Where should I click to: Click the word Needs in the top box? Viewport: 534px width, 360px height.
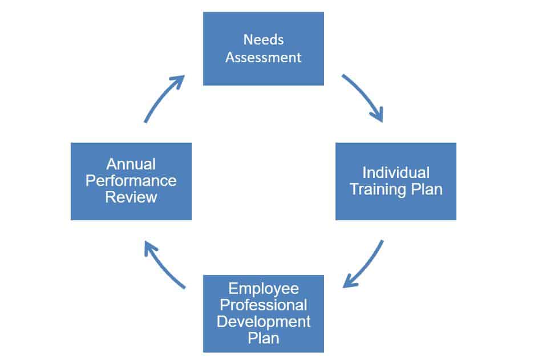pos(263,40)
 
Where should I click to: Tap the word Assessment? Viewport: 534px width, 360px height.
pos(263,57)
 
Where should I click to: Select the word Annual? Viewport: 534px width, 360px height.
pos(131,164)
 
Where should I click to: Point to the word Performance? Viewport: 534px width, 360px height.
pos(131,180)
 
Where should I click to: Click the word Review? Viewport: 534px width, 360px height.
pos(131,197)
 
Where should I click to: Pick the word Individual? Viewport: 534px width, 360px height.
pos(396,173)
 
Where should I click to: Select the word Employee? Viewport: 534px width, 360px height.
pos(264,289)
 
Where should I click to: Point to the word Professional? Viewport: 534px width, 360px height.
pos(263,305)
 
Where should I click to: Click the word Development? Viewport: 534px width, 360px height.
pos(264,322)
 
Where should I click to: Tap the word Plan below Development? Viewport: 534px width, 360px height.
pos(263,338)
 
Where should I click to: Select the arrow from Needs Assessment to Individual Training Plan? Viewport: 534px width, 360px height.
pos(365,95)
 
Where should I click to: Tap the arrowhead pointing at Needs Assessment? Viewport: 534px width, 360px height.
pos(179,81)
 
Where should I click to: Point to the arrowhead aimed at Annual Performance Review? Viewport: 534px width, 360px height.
pos(150,248)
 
